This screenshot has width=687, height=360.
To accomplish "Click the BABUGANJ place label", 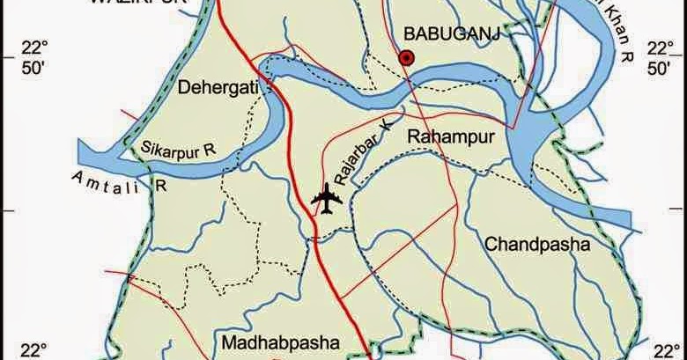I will tap(438, 33).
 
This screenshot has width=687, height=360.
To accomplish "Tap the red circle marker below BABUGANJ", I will tap(406, 58).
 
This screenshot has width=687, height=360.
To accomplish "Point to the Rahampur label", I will tap(448, 136).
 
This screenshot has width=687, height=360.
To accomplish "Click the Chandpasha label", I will tap(536, 244).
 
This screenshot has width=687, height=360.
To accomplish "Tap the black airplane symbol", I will tap(327, 199).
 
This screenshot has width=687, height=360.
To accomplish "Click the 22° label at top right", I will tap(658, 47).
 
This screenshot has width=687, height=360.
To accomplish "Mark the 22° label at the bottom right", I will tap(666, 350).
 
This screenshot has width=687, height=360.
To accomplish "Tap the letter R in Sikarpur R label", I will tap(210, 151).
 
